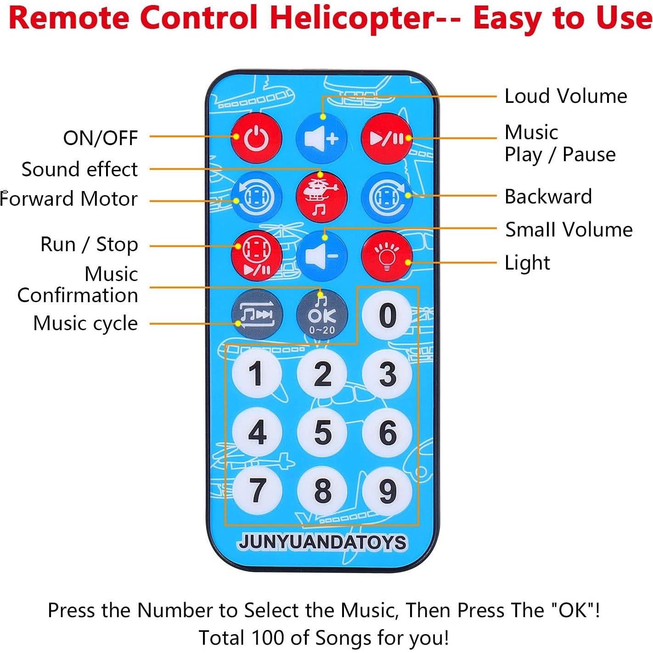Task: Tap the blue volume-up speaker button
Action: coord(321,139)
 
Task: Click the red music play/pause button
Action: coord(387,139)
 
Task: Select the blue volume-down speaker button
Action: coord(321,256)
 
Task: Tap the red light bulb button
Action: coord(387,256)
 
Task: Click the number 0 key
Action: coord(387,315)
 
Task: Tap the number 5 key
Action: coord(322,432)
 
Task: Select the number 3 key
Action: coord(387,373)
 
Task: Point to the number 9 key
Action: coord(387,490)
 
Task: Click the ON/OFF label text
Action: coord(101,138)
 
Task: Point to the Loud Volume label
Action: coord(566,96)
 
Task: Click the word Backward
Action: coord(548,197)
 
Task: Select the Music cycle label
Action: coord(86,323)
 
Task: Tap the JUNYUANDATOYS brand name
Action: coord(322,542)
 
